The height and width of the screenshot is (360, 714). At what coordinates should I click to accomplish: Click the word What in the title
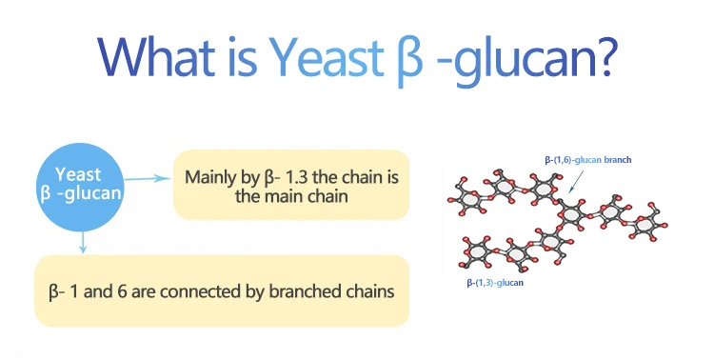click(156, 57)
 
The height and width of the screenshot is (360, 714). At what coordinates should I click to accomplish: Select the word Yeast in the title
click(326, 57)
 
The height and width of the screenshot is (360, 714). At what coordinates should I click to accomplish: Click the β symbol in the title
click(409, 61)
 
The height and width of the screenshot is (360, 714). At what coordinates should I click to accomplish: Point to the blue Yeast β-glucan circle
click(80, 187)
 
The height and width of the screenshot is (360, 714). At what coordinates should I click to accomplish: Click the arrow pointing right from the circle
click(147, 178)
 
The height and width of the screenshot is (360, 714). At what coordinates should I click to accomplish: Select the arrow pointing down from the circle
click(83, 242)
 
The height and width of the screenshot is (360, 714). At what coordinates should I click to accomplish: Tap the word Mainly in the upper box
click(208, 178)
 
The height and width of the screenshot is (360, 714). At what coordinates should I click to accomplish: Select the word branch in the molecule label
click(618, 160)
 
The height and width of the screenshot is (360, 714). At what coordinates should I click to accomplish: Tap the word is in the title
click(242, 57)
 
